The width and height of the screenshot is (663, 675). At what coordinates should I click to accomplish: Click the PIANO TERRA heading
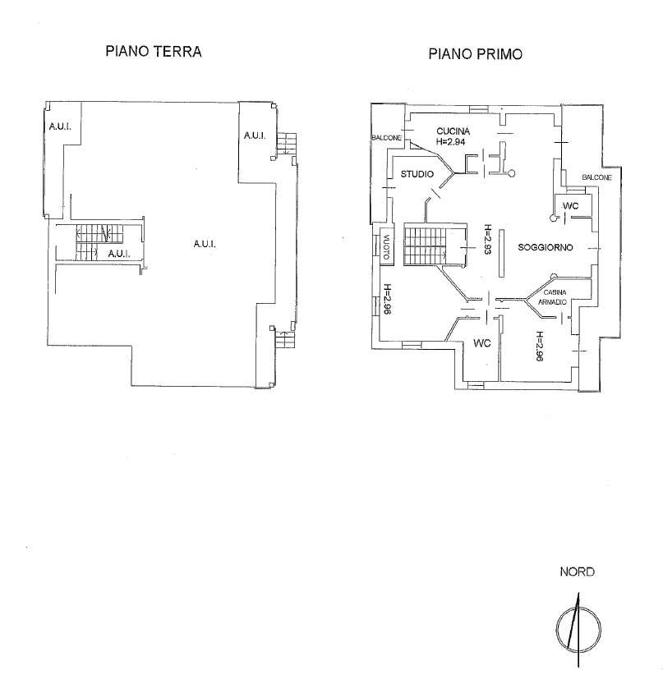(x=154, y=51)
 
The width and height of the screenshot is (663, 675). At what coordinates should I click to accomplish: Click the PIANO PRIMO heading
(x=475, y=54)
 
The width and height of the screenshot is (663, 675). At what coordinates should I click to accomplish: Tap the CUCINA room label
(x=453, y=131)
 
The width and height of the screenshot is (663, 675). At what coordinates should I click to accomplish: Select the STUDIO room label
(x=417, y=174)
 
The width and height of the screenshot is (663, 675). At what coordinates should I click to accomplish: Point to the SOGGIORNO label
(x=546, y=247)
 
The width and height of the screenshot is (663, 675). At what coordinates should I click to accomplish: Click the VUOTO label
(x=386, y=246)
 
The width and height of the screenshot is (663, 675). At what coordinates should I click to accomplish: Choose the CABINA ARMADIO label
(x=552, y=297)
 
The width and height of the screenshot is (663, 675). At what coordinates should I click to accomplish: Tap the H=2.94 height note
(x=450, y=141)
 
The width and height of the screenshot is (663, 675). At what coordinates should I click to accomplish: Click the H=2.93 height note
(x=487, y=239)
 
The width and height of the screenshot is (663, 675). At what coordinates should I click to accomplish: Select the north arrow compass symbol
(x=578, y=629)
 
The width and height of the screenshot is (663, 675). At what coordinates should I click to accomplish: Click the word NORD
(x=577, y=572)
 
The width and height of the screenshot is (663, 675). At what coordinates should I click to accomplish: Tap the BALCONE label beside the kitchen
(x=386, y=138)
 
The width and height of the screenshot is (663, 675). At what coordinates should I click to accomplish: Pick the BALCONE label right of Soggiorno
(x=596, y=177)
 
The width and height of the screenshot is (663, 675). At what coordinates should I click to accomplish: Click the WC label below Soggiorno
(x=481, y=343)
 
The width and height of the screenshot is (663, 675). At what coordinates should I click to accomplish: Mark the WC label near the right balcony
(x=570, y=206)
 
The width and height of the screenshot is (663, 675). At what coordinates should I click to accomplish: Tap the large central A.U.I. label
(x=205, y=244)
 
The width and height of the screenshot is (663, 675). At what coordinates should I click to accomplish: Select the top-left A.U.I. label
(x=60, y=126)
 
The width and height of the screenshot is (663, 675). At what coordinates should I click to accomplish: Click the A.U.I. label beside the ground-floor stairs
(x=119, y=254)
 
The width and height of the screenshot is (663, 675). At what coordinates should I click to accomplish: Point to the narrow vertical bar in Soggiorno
(x=501, y=253)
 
